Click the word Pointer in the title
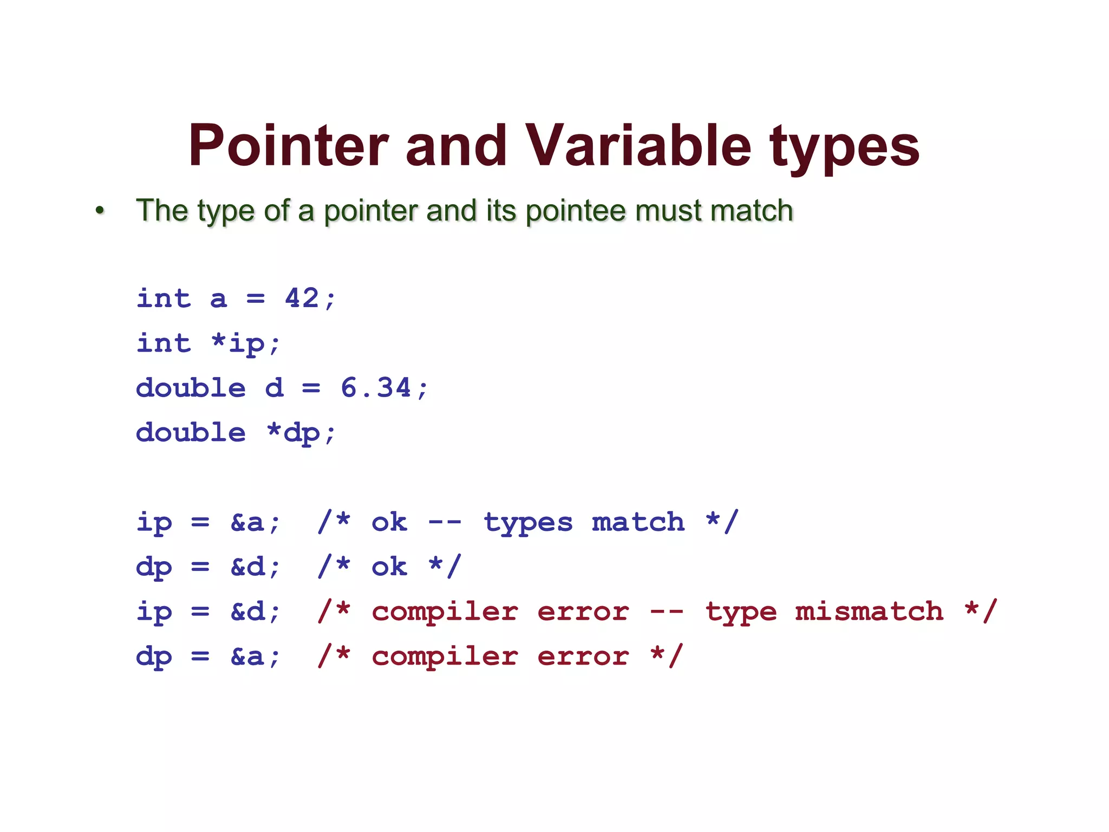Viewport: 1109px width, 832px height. [x=288, y=145]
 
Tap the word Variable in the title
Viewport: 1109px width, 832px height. [x=638, y=145]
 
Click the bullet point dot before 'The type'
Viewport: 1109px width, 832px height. [x=100, y=210]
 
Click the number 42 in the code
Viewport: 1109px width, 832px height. [x=302, y=298]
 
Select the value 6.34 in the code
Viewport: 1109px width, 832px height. [x=376, y=388]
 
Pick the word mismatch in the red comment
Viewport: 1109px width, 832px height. [x=869, y=612]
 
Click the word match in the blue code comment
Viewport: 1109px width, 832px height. [x=638, y=522]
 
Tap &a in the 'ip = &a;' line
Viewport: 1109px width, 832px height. [x=247, y=522]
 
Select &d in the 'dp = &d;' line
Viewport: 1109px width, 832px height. [x=247, y=567]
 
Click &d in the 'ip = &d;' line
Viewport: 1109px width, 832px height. [x=247, y=612]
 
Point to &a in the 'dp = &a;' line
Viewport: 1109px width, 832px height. [x=247, y=656]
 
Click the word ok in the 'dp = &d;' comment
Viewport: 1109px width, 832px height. [x=389, y=567]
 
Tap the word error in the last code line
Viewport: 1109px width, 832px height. [x=583, y=656]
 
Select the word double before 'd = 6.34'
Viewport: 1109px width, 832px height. [x=191, y=388]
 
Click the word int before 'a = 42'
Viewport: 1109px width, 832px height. [x=164, y=298]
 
